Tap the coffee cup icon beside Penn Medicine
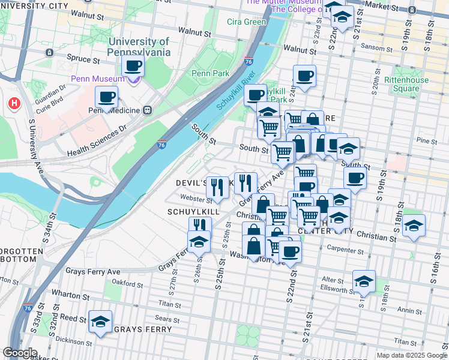107,97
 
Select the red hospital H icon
13,104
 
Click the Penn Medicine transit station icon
146,110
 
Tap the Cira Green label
246,22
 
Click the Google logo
20,353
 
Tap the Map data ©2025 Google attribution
411,355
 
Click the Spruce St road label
84,60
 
